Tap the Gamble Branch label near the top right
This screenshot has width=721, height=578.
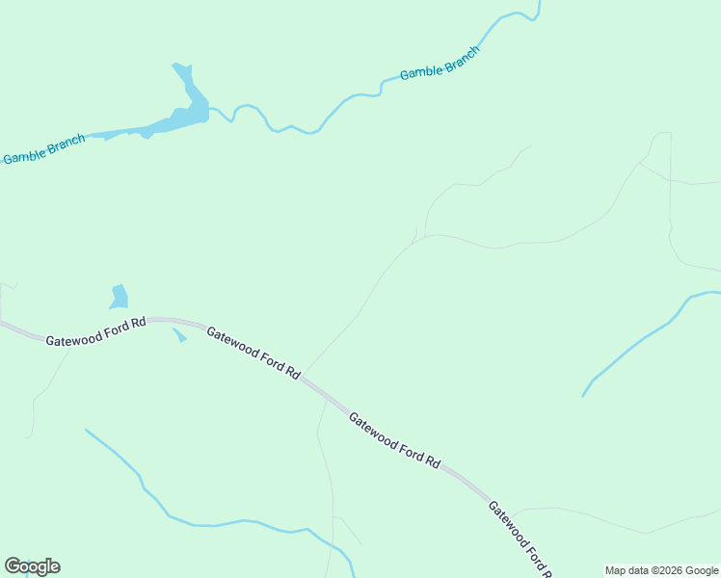(439, 64)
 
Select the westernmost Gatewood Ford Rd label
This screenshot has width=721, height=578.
(95, 331)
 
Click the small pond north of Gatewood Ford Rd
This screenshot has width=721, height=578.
(120, 296)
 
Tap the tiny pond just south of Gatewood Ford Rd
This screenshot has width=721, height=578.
(179, 335)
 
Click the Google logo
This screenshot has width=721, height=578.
(32, 566)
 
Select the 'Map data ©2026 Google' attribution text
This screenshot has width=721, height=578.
(662, 570)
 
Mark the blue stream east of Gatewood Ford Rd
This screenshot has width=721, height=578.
(636, 343)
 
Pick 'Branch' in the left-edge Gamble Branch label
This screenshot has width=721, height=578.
(65, 144)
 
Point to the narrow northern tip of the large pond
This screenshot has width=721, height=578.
(180, 69)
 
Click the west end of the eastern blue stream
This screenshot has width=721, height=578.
(583, 395)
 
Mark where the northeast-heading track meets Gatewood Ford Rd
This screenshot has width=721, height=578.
(305, 376)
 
